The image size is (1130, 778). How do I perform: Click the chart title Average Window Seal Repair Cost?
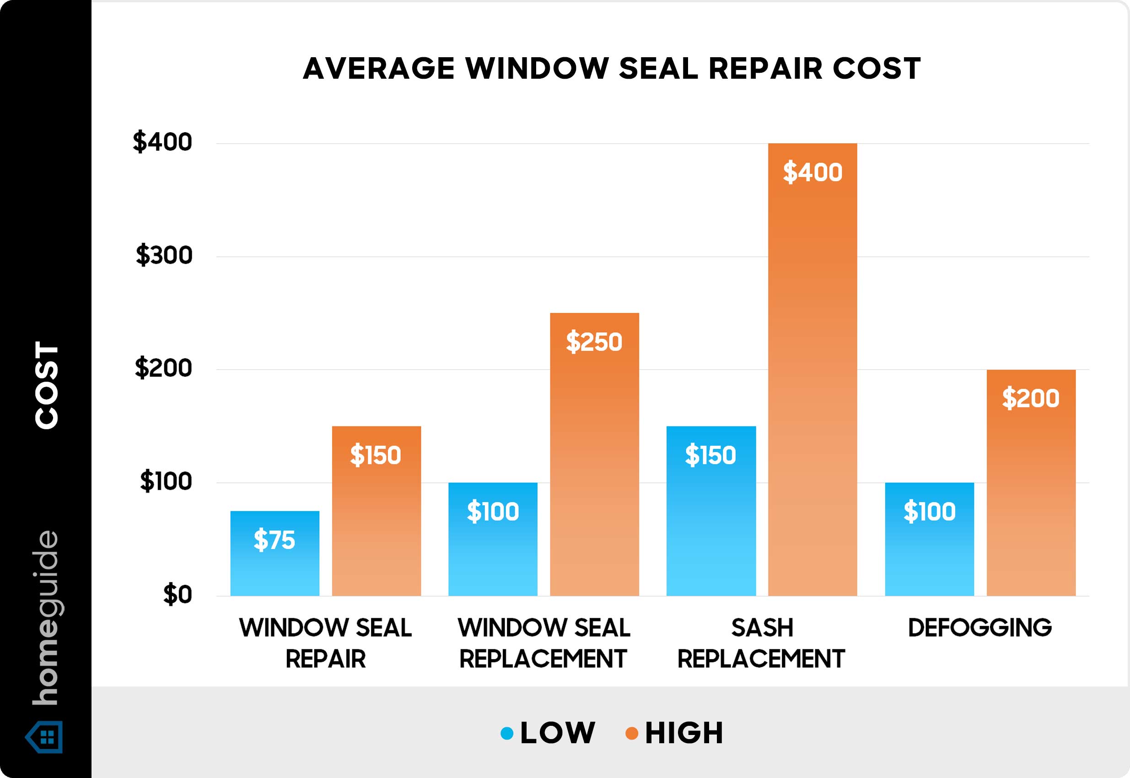point(612,68)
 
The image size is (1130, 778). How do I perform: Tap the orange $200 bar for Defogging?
point(1031,483)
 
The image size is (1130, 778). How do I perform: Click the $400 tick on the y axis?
point(163,143)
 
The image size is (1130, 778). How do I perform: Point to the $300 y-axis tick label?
point(164,256)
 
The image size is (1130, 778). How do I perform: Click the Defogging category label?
point(980,628)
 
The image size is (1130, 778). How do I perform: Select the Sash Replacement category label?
point(761,643)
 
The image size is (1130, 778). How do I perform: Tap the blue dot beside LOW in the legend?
point(507,733)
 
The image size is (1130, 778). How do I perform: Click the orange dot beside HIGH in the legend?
point(632,733)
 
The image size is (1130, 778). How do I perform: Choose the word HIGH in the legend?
point(684,733)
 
